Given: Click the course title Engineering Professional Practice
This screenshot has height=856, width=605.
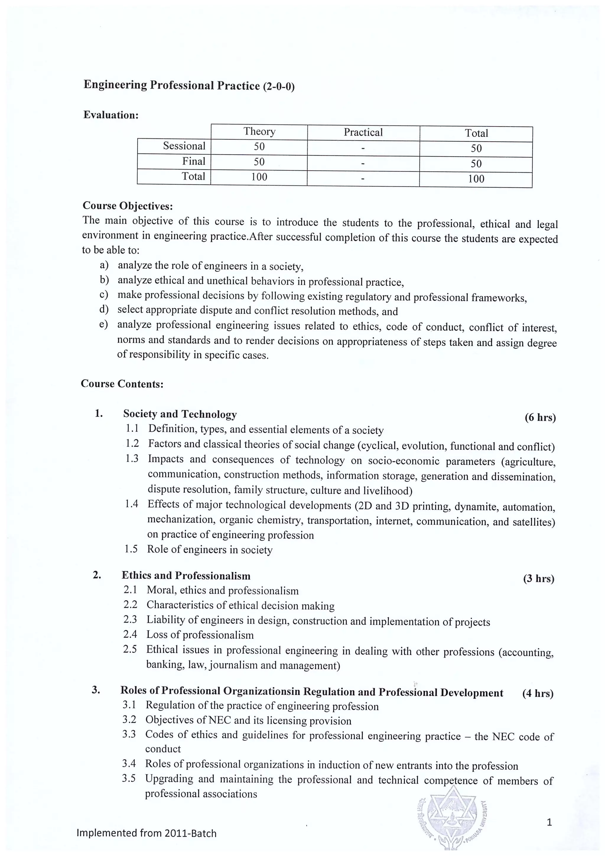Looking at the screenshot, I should (x=171, y=85).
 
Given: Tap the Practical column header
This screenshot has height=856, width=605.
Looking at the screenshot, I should (x=363, y=132).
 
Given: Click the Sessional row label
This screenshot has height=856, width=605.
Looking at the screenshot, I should (x=184, y=146).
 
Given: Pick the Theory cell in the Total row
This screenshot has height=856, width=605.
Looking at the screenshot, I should (x=259, y=177).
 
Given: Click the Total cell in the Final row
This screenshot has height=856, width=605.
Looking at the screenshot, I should (x=476, y=164).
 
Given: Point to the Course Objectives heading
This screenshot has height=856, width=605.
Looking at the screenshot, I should (x=128, y=206).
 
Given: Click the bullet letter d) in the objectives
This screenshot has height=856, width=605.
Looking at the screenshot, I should (x=104, y=309).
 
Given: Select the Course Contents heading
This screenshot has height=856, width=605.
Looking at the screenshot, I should (x=122, y=384).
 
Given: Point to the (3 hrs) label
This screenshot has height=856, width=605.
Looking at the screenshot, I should (x=539, y=579).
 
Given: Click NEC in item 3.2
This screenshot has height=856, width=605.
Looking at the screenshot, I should (x=220, y=721).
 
